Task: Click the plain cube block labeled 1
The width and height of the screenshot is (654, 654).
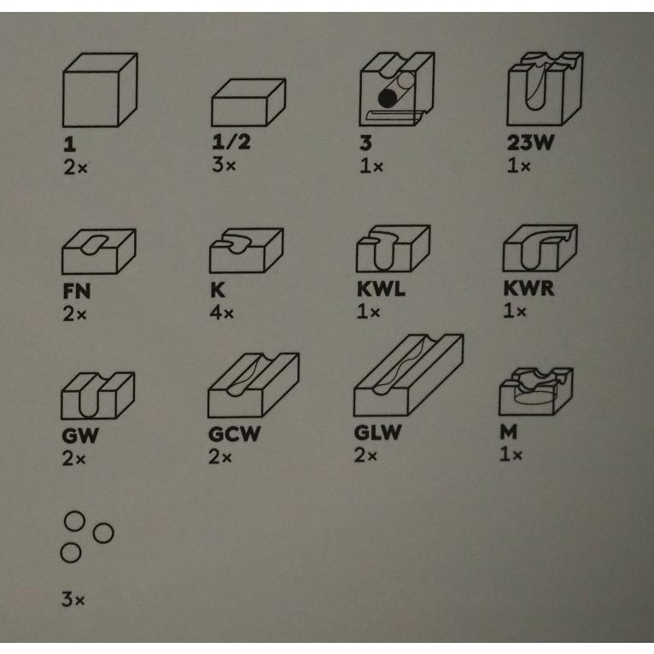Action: tap(100, 90)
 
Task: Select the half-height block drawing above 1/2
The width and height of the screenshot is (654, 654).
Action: tap(248, 102)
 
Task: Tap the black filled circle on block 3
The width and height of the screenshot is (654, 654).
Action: tap(388, 98)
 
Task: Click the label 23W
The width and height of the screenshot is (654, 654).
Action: tap(530, 143)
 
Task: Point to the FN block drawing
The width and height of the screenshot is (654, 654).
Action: tap(99, 251)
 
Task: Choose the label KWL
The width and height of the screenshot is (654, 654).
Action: tap(381, 289)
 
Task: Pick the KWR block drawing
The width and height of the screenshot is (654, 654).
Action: tap(540, 248)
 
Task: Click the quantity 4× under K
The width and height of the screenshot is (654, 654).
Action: tap(221, 312)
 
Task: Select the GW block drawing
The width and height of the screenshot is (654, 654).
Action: tap(97, 395)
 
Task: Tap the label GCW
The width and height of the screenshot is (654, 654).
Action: tap(235, 434)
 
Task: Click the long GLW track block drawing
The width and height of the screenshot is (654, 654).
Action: tap(408, 375)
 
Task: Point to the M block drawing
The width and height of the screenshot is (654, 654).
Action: tap(536, 391)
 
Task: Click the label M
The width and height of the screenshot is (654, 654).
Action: tap(509, 432)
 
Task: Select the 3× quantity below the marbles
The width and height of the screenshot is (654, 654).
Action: tap(73, 599)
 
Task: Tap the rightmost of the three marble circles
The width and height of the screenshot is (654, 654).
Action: tap(103, 533)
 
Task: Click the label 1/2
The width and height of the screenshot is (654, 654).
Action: tap(231, 142)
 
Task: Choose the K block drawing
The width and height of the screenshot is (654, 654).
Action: tap(246, 250)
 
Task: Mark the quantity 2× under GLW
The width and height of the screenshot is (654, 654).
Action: tap(365, 455)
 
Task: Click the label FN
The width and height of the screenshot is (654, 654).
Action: tap(76, 290)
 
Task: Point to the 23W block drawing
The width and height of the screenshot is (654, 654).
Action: tap(545, 89)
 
